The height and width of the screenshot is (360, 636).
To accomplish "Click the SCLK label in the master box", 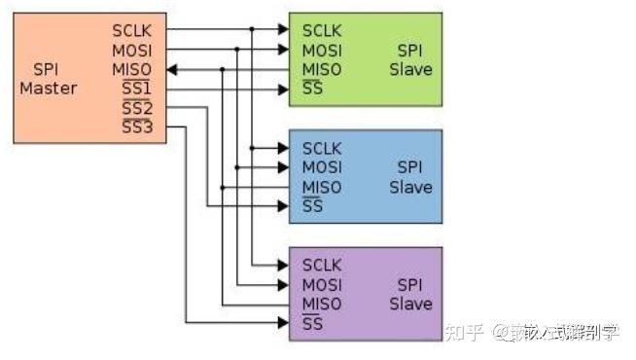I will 132,29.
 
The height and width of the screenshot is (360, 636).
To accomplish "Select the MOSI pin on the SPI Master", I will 132,50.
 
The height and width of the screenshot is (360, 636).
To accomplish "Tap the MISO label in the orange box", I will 132,70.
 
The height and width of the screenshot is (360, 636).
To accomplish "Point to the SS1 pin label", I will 136,90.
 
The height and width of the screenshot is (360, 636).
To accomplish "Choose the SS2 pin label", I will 136,108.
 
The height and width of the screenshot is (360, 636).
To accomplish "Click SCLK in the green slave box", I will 322,30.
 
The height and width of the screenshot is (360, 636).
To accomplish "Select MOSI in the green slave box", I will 322,50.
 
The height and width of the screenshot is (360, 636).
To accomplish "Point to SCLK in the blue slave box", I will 322,148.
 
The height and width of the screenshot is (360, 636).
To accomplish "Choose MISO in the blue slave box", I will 322,187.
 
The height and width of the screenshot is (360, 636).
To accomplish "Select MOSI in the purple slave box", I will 322,284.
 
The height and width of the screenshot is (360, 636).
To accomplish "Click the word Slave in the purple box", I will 410,304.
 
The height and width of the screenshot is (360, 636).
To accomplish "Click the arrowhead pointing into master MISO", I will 171,70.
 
